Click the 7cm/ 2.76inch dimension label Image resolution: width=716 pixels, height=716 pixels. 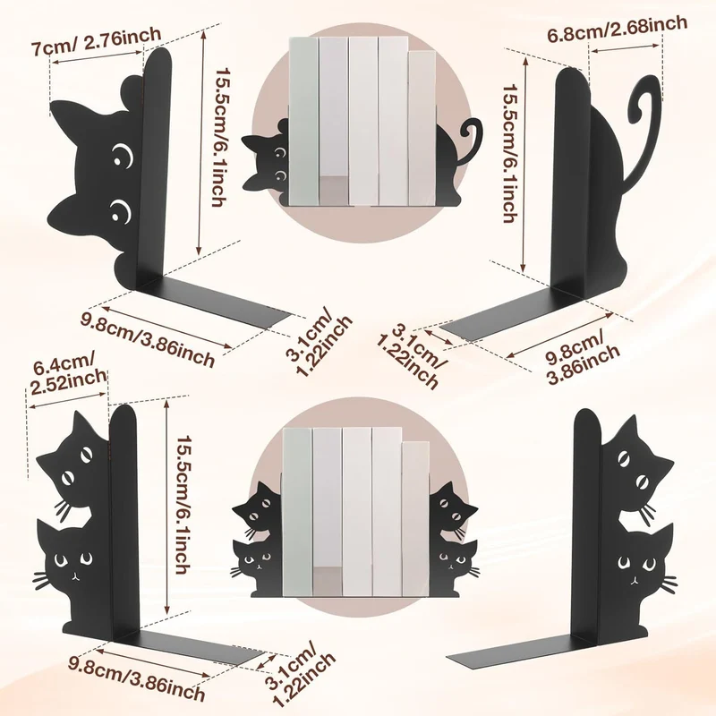pos(96,41)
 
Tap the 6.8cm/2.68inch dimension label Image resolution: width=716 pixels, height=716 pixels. pos(617,29)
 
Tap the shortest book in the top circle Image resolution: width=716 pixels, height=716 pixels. pos(422,128)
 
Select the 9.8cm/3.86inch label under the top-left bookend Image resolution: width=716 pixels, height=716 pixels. pos(148,339)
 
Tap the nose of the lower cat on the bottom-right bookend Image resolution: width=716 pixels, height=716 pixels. pos(633,580)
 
